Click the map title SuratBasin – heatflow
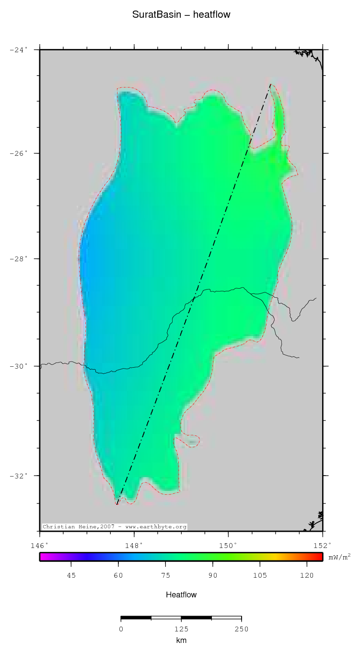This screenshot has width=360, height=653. pos(181,15)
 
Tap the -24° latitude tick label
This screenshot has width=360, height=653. pos(19,49)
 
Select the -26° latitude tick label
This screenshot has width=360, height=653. pos(19,153)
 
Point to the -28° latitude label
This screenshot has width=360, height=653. pos(19,259)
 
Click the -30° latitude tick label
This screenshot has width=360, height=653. pos(19,366)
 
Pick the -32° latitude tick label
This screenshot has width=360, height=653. pos(19,476)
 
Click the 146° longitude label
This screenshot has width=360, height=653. pos(40,546)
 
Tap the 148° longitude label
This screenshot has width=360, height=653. pos(134,546)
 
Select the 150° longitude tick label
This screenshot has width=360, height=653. pos(228,546)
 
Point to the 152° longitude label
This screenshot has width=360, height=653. pos(322,546)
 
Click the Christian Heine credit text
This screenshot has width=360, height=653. pos(115,526)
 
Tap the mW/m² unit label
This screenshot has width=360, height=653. pos(339,557)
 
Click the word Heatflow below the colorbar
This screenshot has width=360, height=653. pos(181,595)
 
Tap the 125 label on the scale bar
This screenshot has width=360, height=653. pos(181,629)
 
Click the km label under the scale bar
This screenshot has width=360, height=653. pos(181,641)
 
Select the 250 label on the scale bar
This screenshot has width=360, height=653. pos(241,629)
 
